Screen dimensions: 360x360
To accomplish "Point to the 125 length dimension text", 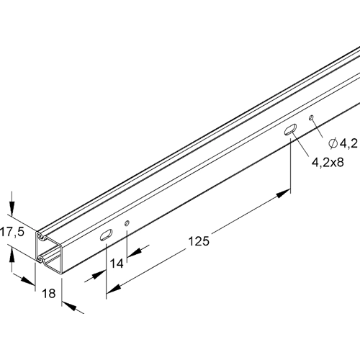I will click(x=199, y=243).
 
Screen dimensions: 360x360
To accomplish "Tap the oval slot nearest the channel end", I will click(x=105, y=234).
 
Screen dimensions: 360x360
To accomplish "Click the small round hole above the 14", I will click(x=127, y=223).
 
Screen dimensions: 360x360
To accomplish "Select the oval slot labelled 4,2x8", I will click(x=290, y=130).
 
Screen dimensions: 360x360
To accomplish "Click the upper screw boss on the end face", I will click(x=43, y=235).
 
